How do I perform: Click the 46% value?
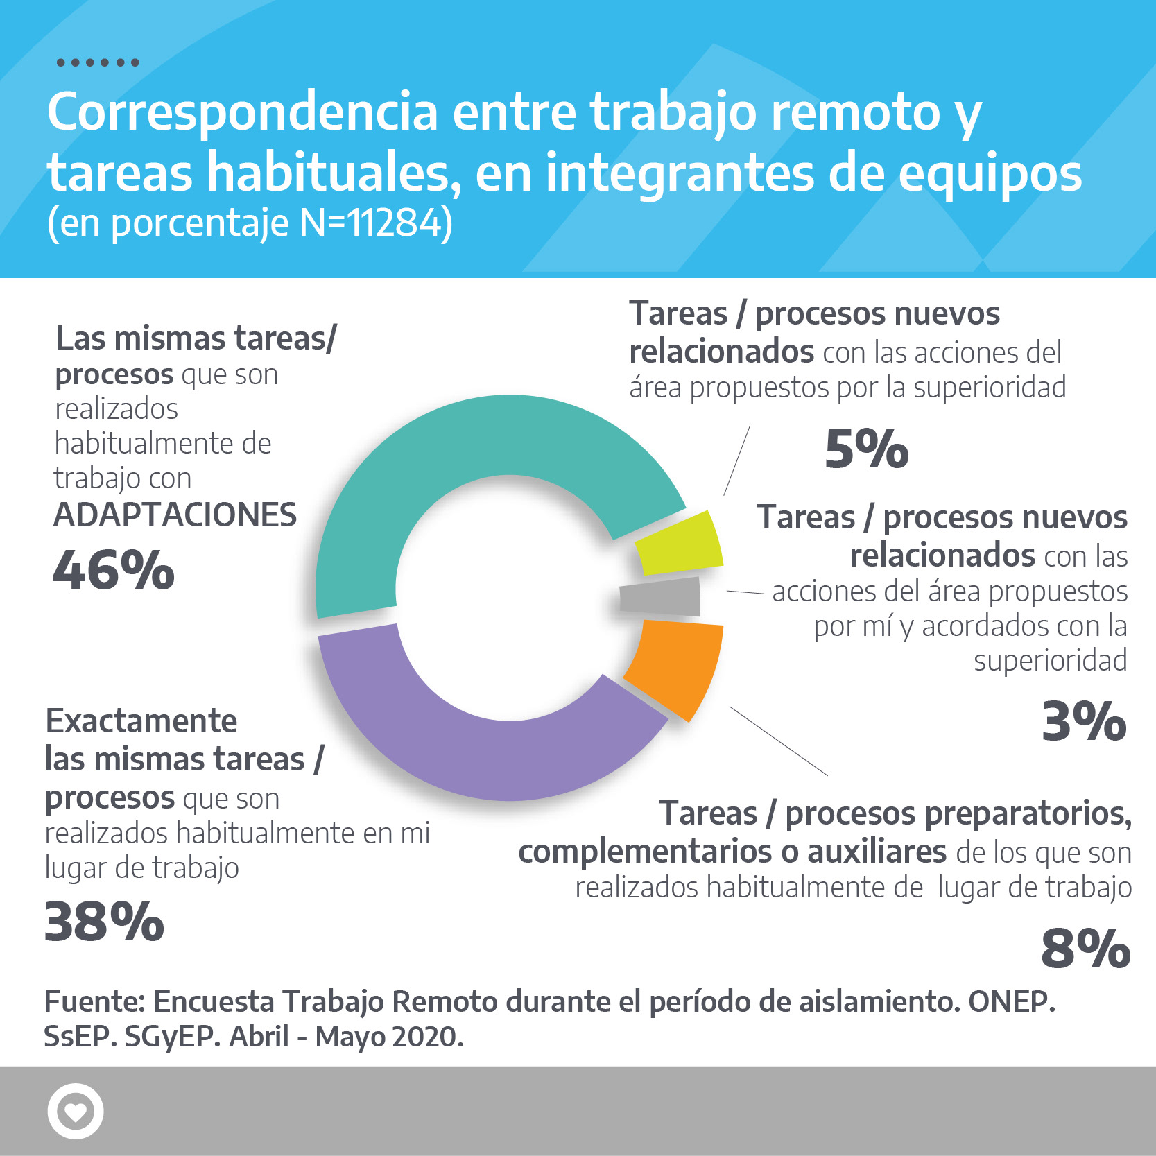[x=114, y=571]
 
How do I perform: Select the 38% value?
[x=104, y=922]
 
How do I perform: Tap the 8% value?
[x=1085, y=948]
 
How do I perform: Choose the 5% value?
[x=866, y=449]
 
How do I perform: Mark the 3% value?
[x=1084, y=721]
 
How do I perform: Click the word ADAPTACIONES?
[x=175, y=515]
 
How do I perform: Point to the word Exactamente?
[x=141, y=721]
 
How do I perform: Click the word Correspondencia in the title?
[x=243, y=112]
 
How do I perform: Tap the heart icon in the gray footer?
[x=75, y=1111]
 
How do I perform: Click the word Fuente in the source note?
[x=94, y=1002]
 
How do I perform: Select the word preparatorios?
[x=958, y=813]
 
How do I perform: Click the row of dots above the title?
[x=98, y=62]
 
